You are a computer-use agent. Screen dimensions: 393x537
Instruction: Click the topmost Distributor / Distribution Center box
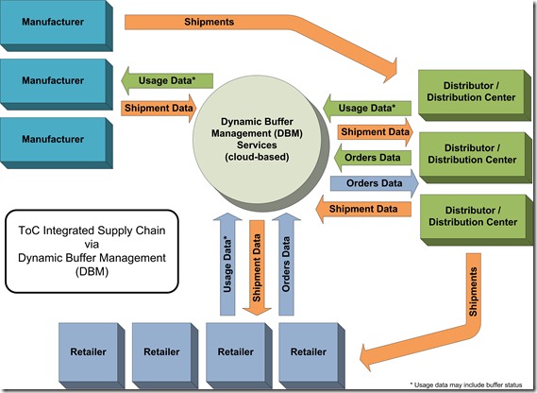point(468,91)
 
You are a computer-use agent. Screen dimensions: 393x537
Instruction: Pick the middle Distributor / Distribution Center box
point(468,153)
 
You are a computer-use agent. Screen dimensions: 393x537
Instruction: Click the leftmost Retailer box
point(89,350)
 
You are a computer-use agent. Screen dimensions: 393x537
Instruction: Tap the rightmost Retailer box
point(309,350)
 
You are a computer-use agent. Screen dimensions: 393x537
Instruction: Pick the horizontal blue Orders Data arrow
point(372,182)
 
